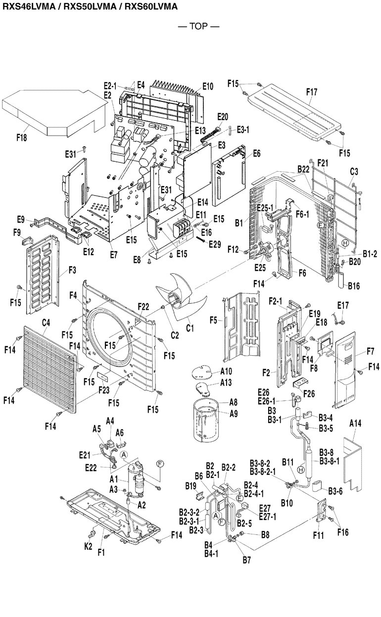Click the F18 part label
tap(21, 138)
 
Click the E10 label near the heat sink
tap(207, 87)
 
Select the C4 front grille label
tap(46, 323)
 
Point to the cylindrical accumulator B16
tap(341, 283)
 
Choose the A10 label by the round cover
tap(226, 371)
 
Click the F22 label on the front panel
tap(143, 307)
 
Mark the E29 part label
tap(214, 243)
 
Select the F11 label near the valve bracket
tap(318, 535)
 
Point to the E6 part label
tap(256, 154)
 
